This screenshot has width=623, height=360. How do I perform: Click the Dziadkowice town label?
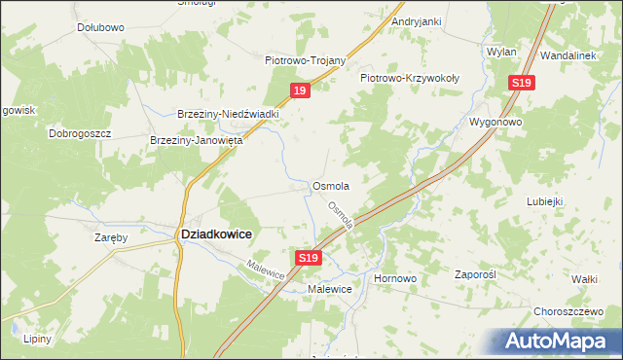(217, 234)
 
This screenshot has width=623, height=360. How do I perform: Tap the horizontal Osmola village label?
(330, 185)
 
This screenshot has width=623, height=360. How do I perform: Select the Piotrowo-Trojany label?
(306, 59)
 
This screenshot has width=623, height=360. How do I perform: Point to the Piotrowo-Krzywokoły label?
(410, 77)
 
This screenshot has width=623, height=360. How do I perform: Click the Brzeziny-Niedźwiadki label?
(229, 114)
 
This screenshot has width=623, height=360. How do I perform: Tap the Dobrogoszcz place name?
(81, 132)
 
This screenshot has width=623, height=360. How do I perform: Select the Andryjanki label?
(417, 20)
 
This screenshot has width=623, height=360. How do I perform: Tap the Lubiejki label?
(545, 201)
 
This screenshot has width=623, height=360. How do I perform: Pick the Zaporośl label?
(476, 275)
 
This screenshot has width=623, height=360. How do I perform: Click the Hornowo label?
(395, 278)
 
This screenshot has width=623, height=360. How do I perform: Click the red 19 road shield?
(300, 90)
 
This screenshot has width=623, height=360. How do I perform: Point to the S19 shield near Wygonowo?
(521, 84)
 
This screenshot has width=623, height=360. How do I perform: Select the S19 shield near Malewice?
(308, 257)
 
